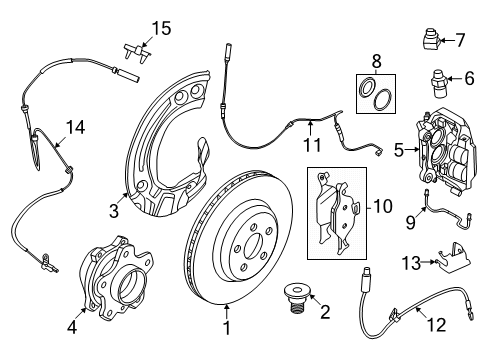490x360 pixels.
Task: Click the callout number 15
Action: (162, 28)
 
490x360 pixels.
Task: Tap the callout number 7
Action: (460, 40)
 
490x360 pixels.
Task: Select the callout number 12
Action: (436, 325)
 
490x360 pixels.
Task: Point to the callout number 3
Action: (114, 211)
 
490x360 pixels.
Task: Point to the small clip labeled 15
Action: (138, 52)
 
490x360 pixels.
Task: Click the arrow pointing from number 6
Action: (453, 79)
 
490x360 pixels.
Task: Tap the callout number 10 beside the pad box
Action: (382, 207)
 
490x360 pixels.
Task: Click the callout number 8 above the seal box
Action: (376, 62)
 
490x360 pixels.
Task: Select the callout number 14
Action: (75, 128)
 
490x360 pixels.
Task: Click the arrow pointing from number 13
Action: (428, 262)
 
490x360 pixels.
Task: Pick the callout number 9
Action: (411, 222)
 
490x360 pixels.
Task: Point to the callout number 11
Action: (312, 145)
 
